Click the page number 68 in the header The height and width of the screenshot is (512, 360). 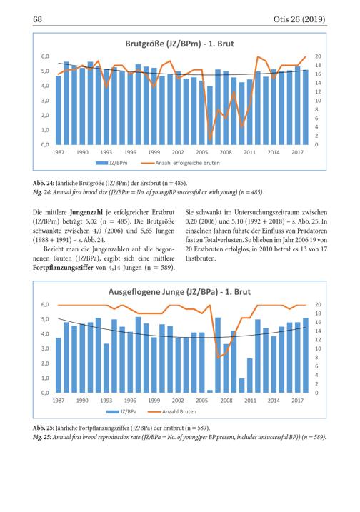(38, 19)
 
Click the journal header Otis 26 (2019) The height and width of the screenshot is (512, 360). (299, 19)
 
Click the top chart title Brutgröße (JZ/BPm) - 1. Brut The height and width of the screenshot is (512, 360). (180, 44)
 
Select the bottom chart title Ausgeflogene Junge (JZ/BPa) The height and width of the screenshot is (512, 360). (163, 292)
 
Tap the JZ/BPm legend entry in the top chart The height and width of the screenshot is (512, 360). (111, 163)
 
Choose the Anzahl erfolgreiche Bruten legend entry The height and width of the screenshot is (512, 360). (181, 163)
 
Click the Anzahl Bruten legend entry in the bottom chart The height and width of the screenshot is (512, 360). (172, 411)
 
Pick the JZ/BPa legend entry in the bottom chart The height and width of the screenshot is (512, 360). (121, 411)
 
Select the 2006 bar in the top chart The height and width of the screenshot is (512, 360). (210, 115)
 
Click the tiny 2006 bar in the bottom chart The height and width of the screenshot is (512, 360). (210, 391)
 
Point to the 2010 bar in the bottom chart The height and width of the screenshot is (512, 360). (241, 386)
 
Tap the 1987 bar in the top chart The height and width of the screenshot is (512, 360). (59, 111)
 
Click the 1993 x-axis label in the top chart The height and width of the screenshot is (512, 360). (106, 152)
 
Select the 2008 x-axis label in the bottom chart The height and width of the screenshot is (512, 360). (226, 401)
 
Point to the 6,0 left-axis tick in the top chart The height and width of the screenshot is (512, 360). (45, 56)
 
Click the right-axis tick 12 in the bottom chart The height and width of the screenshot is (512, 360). (318, 340)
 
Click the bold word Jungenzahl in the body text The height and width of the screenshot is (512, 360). (86, 212)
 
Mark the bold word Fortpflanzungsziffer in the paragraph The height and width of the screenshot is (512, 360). (63, 268)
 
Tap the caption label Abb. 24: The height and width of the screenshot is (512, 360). (43, 183)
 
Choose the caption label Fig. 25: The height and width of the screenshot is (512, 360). (42, 437)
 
